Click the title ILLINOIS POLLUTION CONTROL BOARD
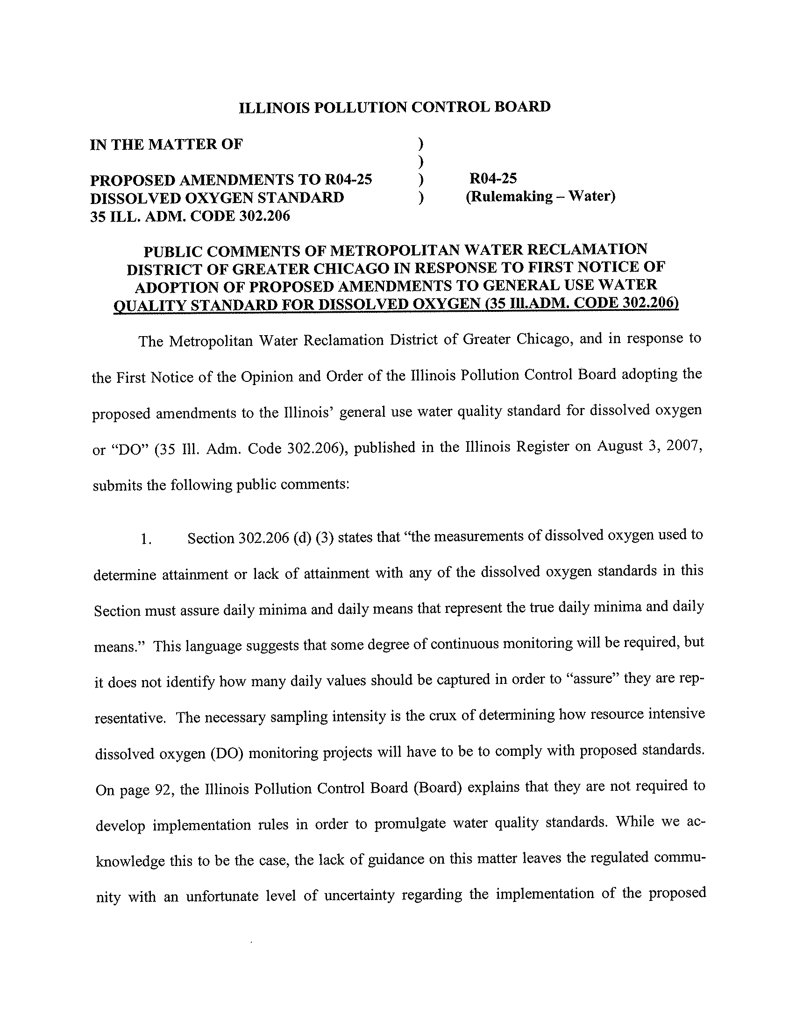395,107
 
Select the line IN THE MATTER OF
166,144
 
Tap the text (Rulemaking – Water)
540,196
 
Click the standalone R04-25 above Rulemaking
493,178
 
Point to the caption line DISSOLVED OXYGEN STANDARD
217,197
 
